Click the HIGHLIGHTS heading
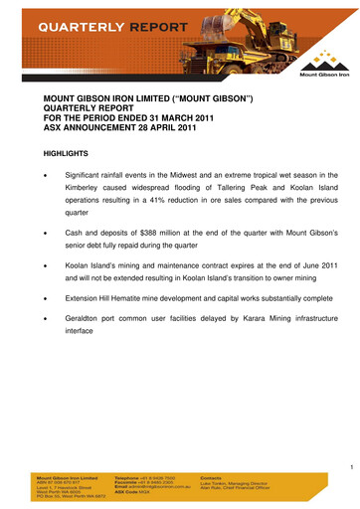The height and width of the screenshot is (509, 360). (x=66, y=154)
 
